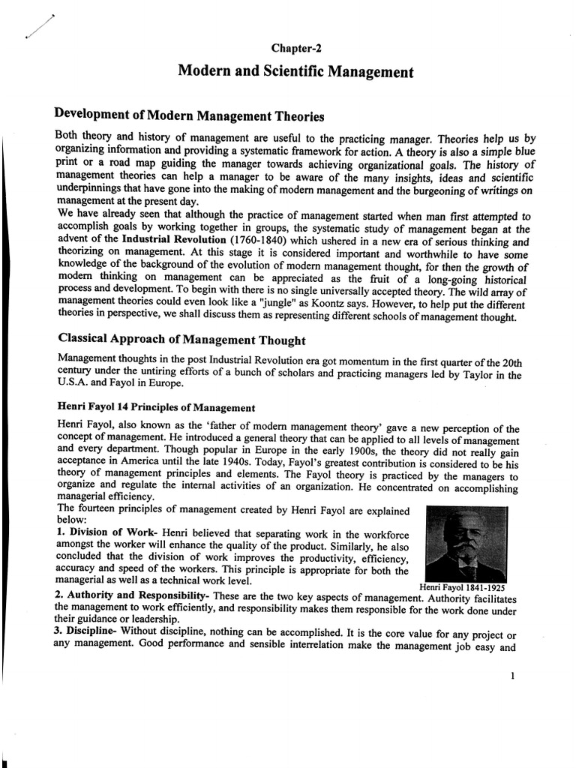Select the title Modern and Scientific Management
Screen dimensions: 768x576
click(x=295, y=72)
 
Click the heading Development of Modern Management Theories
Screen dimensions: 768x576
click(x=190, y=116)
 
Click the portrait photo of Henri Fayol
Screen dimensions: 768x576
click(x=465, y=542)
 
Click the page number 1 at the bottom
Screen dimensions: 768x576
click(x=511, y=675)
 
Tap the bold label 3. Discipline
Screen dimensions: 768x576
click(x=91, y=634)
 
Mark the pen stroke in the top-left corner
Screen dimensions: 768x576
click(x=38, y=28)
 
